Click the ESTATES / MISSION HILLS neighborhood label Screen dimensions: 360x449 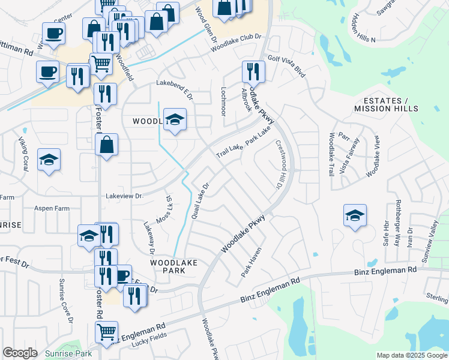[386, 104]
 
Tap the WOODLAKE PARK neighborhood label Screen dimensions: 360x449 [174, 266]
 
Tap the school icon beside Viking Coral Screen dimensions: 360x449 [49, 160]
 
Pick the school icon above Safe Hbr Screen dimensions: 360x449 [355, 216]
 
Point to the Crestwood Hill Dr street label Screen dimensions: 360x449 [280, 164]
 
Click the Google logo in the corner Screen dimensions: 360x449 [20, 353]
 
